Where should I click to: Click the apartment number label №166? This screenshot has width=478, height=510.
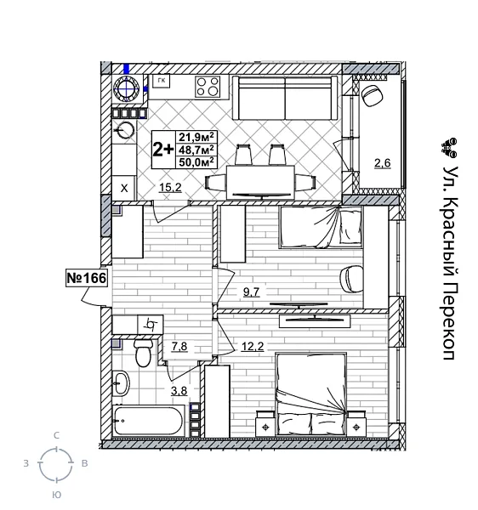click(86, 278)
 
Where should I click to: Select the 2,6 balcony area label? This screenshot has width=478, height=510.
click(381, 162)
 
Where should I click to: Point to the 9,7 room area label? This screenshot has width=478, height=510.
click(250, 292)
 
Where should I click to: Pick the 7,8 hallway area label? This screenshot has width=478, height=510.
click(179, 345)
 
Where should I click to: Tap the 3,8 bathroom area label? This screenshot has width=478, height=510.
click(179, 391)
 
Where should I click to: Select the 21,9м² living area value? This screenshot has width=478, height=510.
click(196, 136)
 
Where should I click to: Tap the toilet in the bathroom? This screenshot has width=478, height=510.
click(144, 351)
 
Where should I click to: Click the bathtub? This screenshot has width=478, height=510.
click(149, 420)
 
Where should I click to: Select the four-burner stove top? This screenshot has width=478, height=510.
click(208, 86)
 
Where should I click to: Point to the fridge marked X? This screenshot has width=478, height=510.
click(124, 189)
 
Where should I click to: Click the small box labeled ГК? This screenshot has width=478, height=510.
click(161, 81)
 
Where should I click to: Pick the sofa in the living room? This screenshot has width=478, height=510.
click(285, 100)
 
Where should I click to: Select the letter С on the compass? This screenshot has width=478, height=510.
click(56, 435)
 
